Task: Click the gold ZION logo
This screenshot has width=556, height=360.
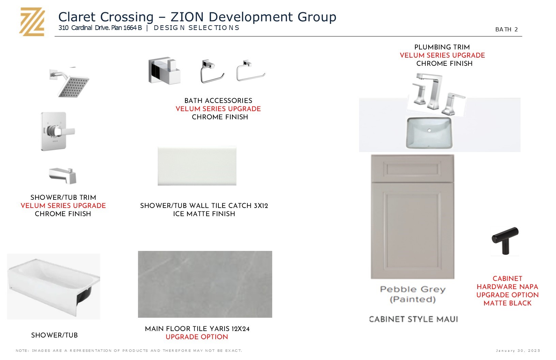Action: pos(32,22)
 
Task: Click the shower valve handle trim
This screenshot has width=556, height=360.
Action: pos(58,131)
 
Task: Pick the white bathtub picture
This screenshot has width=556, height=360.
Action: pos(53,286)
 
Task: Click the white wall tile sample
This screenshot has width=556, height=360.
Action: pos(197,166)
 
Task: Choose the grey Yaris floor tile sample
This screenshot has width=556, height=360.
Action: pos(205,284)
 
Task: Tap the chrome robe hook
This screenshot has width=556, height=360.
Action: pos(164,71)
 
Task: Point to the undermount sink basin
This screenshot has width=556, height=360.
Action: pos(429,133)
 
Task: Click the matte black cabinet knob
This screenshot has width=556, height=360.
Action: pos(505,240)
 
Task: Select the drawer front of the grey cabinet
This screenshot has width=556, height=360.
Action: pos(413,169)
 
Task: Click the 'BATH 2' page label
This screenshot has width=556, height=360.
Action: pos(506,29)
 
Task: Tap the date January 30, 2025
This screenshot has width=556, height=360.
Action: pos(518,350)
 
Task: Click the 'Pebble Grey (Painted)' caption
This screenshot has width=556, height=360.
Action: pos(413,294)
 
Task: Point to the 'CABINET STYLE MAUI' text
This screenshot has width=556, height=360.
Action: pos(414,319)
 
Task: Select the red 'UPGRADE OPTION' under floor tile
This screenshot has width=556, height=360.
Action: pos(197,337)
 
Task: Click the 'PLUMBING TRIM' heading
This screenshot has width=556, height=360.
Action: pos(442,47)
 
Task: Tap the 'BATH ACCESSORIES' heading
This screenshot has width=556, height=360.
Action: pos(218,101)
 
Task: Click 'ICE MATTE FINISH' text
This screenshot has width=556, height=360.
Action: pos(204,214)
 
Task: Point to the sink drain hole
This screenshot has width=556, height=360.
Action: pos(429,130)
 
